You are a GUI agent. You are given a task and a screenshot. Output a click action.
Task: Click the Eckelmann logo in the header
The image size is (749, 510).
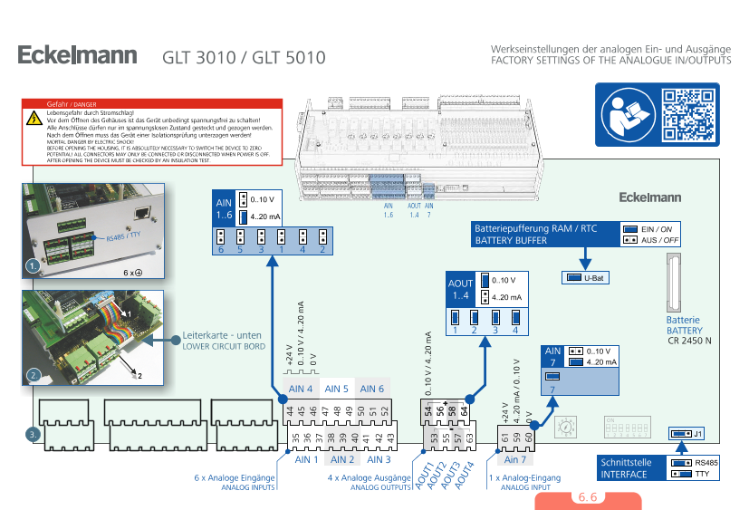click(x=77, y=55)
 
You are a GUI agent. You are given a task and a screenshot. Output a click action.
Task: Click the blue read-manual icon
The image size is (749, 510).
click(x=626, y=113)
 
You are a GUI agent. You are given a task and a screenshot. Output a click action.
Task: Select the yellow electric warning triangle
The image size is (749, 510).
click(x=33, y=118)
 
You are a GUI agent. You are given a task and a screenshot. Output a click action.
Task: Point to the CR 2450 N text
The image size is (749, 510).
click(x=690, y=340)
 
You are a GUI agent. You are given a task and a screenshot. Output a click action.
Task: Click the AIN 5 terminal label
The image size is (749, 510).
click(x=336, y=389)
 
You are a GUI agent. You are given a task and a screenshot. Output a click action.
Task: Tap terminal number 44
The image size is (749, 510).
click(x=291, y=411)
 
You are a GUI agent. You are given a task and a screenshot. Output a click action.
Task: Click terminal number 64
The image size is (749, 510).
click(x=465, y=411)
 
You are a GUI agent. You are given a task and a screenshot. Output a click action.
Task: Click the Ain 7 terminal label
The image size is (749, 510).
click(x=515, y=458)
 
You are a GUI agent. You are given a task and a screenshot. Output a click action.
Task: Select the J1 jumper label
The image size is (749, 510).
click(x=698, y=434)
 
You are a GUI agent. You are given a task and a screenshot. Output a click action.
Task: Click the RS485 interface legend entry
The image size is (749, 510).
click(x=706, y=462)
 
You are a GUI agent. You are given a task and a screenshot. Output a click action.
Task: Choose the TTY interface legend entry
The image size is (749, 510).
click(x=701, y=474)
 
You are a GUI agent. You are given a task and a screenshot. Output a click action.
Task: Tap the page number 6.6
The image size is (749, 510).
click(x=588, y=498)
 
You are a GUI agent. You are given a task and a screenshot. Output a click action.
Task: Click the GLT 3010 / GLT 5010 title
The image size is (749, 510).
click(x=244, y=57)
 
